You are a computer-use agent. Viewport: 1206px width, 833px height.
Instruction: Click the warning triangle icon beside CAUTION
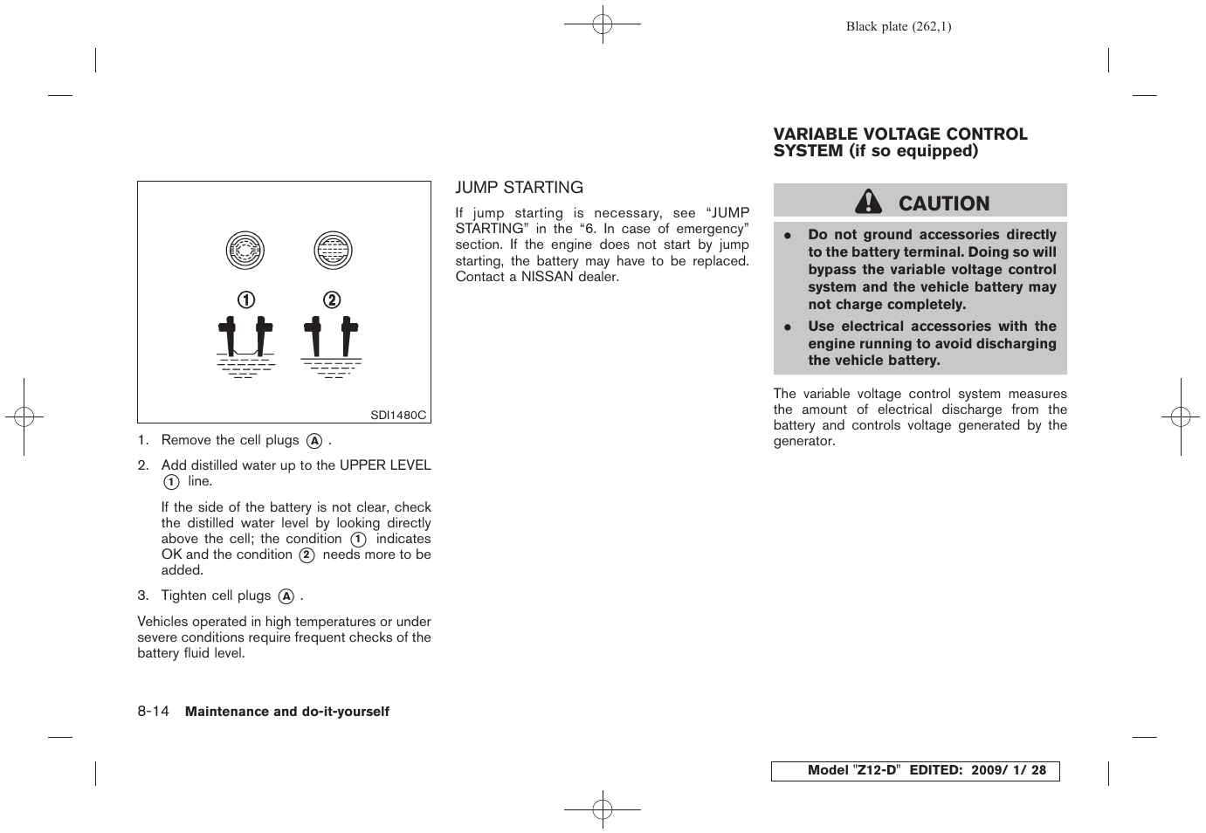coord(868,203)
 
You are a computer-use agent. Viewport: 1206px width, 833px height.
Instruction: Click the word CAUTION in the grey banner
coord(944,203)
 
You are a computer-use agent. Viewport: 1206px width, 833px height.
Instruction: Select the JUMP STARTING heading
coord(519,188)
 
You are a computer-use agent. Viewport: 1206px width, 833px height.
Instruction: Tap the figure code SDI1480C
coord(398,416)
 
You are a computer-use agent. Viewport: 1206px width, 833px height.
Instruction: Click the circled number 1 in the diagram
coord(246,300)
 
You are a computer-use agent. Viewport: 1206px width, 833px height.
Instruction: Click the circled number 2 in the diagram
coord(332,300)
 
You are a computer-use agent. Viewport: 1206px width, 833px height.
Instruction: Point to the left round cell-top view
coord(245,251)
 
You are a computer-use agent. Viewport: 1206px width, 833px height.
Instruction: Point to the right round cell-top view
coord(333,251)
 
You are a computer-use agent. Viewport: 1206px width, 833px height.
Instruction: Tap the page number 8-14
coord(153,711)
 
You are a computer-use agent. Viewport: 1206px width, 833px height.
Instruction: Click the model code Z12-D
coord(876,770)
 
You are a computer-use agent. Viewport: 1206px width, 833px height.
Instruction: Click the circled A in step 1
coord(314,442)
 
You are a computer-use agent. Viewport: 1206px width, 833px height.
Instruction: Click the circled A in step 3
coord(286,596)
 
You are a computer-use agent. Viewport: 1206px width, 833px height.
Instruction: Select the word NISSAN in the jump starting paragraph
coord(547,277)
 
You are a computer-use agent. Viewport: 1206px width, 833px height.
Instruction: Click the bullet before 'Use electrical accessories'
coord(787,327)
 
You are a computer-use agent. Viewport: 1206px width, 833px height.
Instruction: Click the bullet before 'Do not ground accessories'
coord(787,236)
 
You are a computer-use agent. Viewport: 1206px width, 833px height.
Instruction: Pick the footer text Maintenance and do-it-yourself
coord(287,712)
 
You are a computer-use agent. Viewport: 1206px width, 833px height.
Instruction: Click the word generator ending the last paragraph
coord(803,442)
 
